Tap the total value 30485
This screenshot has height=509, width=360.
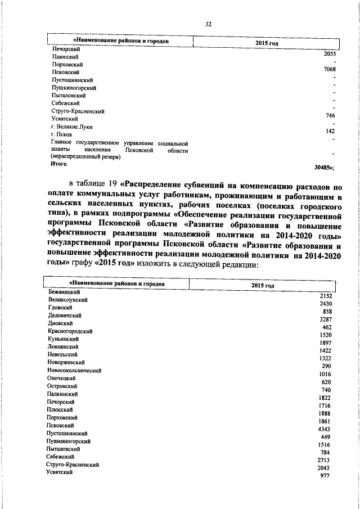323,168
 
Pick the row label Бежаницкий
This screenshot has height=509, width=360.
65,293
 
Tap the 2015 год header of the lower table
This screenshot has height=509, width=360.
262,285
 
